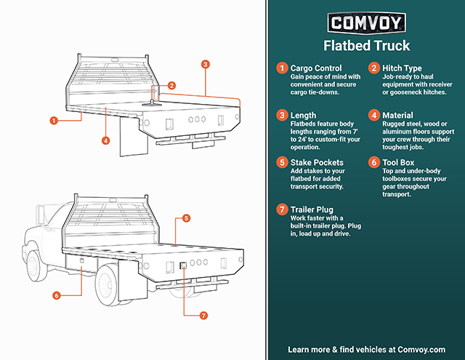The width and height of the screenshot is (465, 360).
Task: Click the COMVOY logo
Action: [x=366, y=23]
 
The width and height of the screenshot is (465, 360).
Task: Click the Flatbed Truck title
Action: [x=366, y=46]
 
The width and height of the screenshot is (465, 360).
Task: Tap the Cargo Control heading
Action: [x=316, y=68]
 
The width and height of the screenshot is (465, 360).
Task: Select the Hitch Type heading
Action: [x=402, y=68]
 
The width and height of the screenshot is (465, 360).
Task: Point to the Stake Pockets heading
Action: [x=317, y=163]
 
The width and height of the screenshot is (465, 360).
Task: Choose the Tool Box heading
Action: [x=398, y=163]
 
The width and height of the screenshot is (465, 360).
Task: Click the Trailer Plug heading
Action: [x=312, y=209]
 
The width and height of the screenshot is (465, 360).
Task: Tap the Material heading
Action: [x=397, y=116]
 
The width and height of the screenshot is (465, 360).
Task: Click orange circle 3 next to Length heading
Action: [x=282, y=115]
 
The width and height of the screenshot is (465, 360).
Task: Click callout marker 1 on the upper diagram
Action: [x=54, y=121]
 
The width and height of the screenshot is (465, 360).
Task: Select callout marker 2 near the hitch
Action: [x=171, y=86]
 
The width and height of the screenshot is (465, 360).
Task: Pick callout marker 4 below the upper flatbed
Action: [x=105, y=140]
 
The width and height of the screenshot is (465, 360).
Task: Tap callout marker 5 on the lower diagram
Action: [x=186, y=218]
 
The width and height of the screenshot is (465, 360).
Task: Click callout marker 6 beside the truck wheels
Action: [x=57, y=295]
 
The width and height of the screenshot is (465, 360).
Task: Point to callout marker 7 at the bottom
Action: [x=203, y=315]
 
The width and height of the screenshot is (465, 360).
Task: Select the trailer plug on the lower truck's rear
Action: [x=184, y=265]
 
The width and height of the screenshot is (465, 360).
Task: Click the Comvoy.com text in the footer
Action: [x=421, y=350]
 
